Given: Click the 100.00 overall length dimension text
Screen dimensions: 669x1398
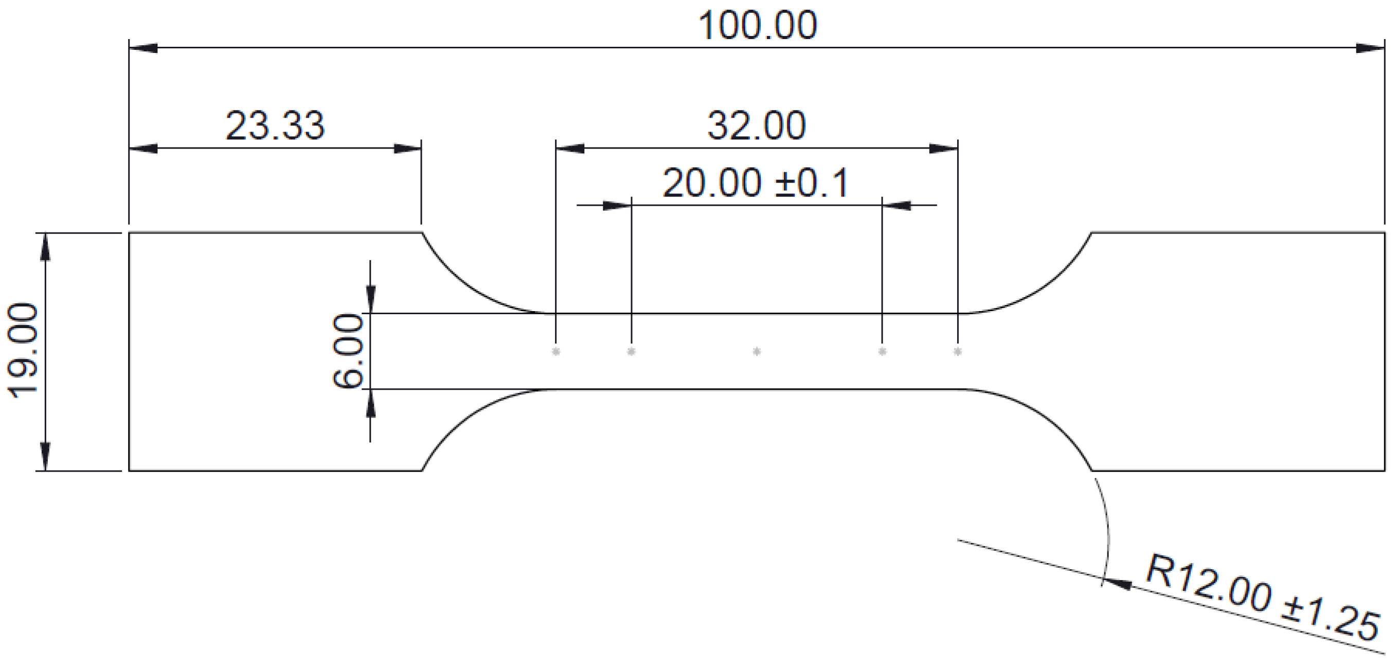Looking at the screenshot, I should click(x=757, y=26).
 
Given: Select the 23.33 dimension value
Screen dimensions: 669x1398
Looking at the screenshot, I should click(x=275, y=126).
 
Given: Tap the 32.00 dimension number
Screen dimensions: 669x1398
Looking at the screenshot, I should click(x=756, y=126).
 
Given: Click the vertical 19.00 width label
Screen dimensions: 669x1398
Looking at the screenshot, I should click(x=23, y=351).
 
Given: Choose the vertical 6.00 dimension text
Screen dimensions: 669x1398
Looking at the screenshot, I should click(x=347, y=351).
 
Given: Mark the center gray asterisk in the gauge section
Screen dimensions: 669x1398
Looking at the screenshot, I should click(x=757, y=352).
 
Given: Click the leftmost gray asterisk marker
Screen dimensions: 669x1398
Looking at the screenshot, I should click(x=555, y=352).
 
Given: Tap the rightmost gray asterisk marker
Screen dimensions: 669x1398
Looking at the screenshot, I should click(x=957, y=352).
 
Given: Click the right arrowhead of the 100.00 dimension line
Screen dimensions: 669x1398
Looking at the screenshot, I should click(x=1370, y=48).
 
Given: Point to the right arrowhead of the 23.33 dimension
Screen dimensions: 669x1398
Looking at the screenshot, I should click(x=407, y=148).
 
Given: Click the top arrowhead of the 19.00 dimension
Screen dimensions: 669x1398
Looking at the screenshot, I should click(x=45, y=247).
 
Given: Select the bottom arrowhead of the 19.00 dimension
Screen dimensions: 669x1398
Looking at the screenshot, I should click(x=45, y=457).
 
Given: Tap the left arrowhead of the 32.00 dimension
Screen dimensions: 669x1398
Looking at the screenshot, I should click(x=570, y=148).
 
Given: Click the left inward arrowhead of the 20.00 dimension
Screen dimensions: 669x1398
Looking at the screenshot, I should click(x=617, y=206).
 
